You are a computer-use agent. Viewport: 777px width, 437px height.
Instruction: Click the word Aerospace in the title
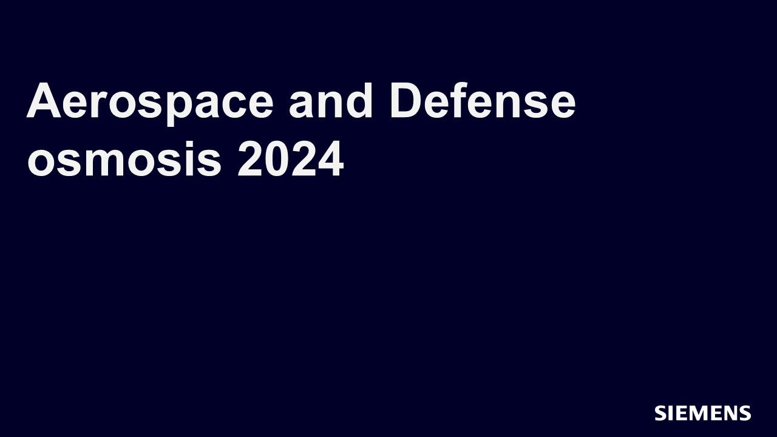(x=150, y=104)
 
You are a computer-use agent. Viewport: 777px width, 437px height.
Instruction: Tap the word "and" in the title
(x=331, y=101)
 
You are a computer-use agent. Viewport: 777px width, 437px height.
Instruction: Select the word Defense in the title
(x=483, y=101)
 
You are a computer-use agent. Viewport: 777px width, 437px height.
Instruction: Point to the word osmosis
(x=124, y=159)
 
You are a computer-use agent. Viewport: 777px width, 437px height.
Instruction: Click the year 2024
(x=291, y=159)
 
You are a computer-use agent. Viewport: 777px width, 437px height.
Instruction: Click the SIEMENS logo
(x=703, y=413)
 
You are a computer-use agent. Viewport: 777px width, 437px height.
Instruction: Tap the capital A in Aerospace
(x=44, y=100)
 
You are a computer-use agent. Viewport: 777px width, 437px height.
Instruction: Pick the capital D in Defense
(x=407, y=100)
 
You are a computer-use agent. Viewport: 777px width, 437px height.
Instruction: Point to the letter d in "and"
(x=358, y=101)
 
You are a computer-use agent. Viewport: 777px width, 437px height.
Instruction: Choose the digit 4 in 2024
(x=330, y=159)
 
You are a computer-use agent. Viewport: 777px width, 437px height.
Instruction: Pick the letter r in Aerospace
(x=98, y=105)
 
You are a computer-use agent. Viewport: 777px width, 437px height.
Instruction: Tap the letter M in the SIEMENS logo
(x=699, y=413)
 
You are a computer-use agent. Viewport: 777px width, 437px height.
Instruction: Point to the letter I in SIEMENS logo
(x=670, y=413)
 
